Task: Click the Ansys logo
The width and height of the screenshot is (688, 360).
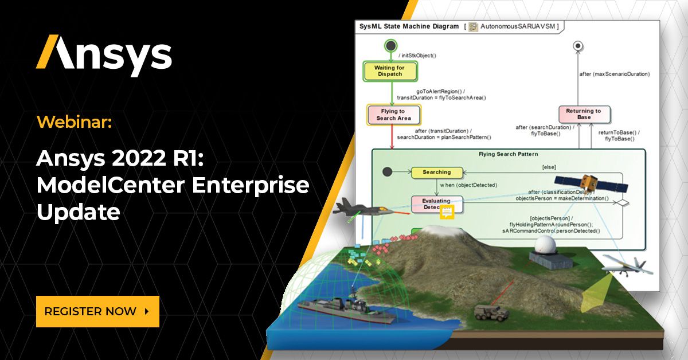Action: coord(104,56)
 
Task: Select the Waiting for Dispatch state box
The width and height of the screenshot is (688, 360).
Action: coord(389,71)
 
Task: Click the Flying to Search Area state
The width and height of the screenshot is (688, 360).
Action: coord(393,115)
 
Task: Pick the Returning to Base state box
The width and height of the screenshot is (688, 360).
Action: coord(584,114)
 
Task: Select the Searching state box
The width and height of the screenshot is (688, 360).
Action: coord(436,172)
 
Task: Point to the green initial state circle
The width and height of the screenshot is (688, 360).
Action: coord(390,45)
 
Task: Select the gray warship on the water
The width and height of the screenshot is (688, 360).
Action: coord(333,308)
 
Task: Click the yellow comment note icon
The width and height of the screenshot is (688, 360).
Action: coord(447,213)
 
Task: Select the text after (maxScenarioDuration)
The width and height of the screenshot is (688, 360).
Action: coord(614,74)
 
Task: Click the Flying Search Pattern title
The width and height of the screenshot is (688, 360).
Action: coord(508,154)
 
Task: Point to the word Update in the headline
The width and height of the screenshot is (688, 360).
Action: coord(79,212)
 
